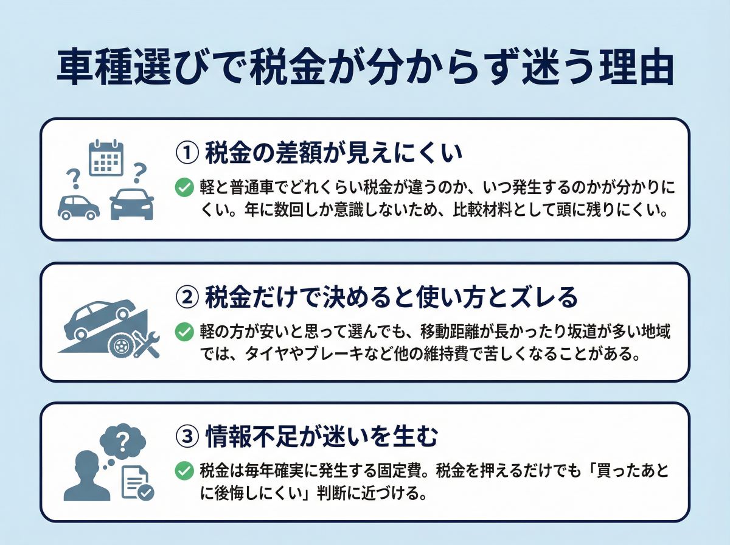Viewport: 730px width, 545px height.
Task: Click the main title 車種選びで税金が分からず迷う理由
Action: pos(365,69)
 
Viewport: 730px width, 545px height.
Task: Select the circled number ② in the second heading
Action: pos(187,297)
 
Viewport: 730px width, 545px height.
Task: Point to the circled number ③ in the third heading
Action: pos(187,436)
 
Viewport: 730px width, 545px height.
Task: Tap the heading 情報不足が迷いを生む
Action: pos(322,436)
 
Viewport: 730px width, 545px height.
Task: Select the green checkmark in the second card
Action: pos(184,332)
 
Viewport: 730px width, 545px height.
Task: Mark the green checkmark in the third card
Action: pos(184,471)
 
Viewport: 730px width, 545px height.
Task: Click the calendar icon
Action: pos(106,158)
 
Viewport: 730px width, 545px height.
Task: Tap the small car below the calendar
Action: pos(78,207)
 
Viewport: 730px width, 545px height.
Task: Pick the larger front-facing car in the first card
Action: pos(132,204)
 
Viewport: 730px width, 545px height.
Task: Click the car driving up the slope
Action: pos(99,316)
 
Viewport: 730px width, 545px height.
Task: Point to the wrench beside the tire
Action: pos(146,345)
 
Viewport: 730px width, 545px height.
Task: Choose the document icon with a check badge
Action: pos(137,483)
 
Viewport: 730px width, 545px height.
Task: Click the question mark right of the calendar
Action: pos(140,172)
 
